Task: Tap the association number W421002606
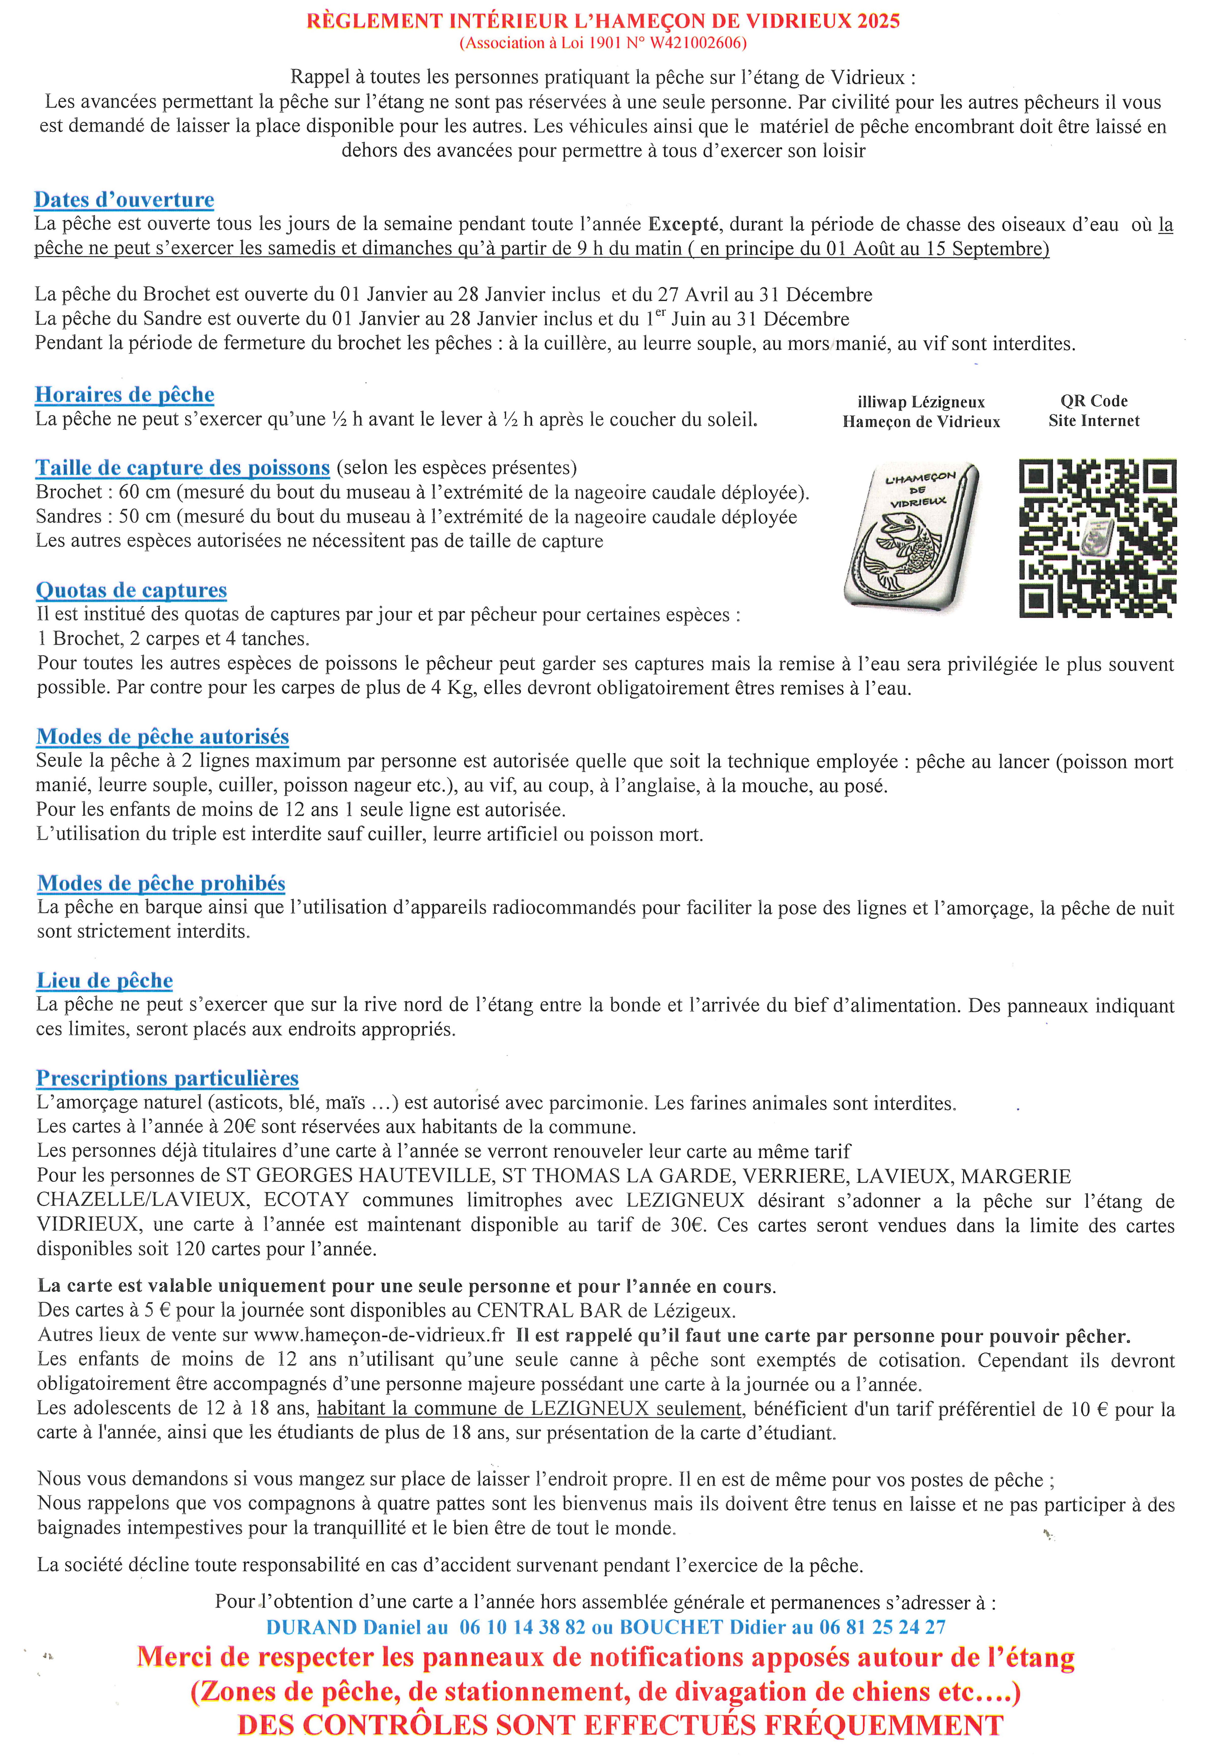696,43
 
